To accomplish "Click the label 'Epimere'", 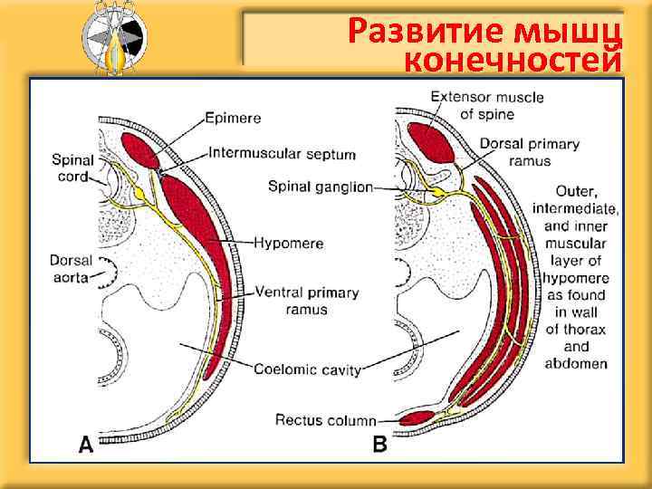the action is (x=233, y=117).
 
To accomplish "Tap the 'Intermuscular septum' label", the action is (x=282, y=154).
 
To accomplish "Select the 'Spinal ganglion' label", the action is (x=320, y=187).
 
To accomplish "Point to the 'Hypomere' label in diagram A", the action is (x=289, y=244).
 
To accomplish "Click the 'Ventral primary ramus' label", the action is (x=307, y=301).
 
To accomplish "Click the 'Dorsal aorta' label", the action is (x=70, y=268).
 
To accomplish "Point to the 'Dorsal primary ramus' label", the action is (x=529, y=152).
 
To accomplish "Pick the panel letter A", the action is (x=86, y=444).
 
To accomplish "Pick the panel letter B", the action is (x=380, y=444).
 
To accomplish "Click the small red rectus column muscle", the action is (x=416, y=418).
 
